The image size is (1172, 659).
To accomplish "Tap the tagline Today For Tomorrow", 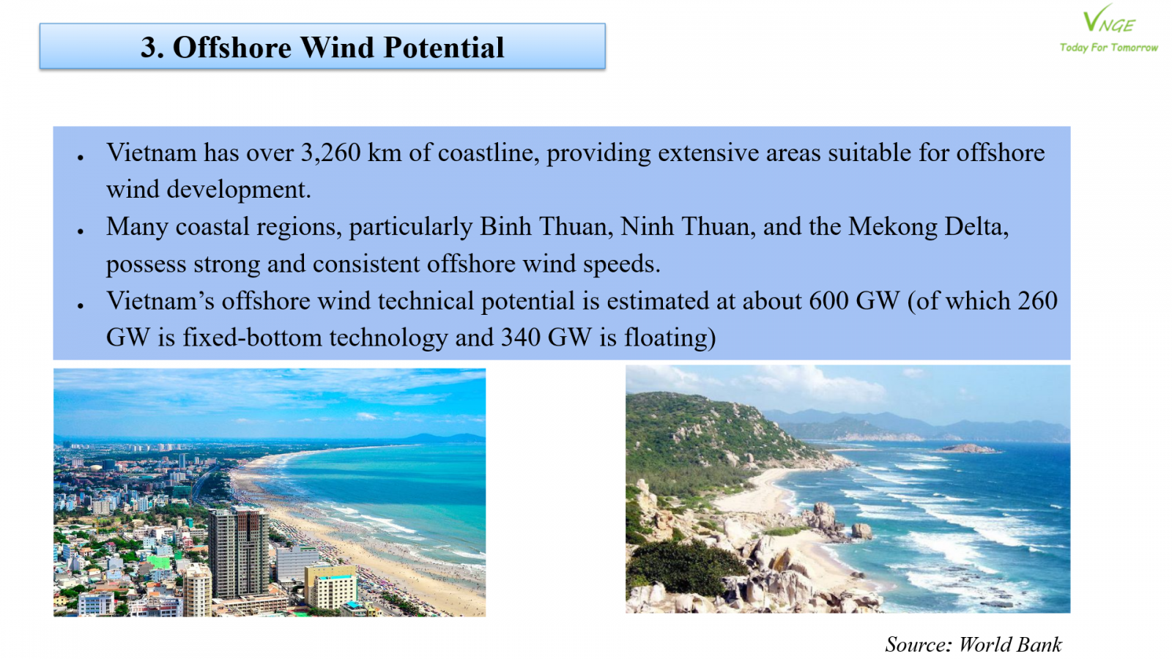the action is tap(1109, 48).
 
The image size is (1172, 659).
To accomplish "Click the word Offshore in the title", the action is tap(232, 47).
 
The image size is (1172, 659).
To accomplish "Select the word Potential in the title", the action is tap(444, 47).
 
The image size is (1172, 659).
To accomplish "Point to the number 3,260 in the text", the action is tap(330, 153).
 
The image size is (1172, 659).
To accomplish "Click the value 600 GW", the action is tap(854, 301).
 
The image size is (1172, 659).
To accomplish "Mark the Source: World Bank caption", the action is tap(973, 644).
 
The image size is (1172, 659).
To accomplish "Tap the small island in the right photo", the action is tap(967, 449).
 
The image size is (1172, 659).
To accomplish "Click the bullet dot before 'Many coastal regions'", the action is tap(81, 231).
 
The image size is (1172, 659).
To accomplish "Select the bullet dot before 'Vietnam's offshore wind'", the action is tap(81, 305).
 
